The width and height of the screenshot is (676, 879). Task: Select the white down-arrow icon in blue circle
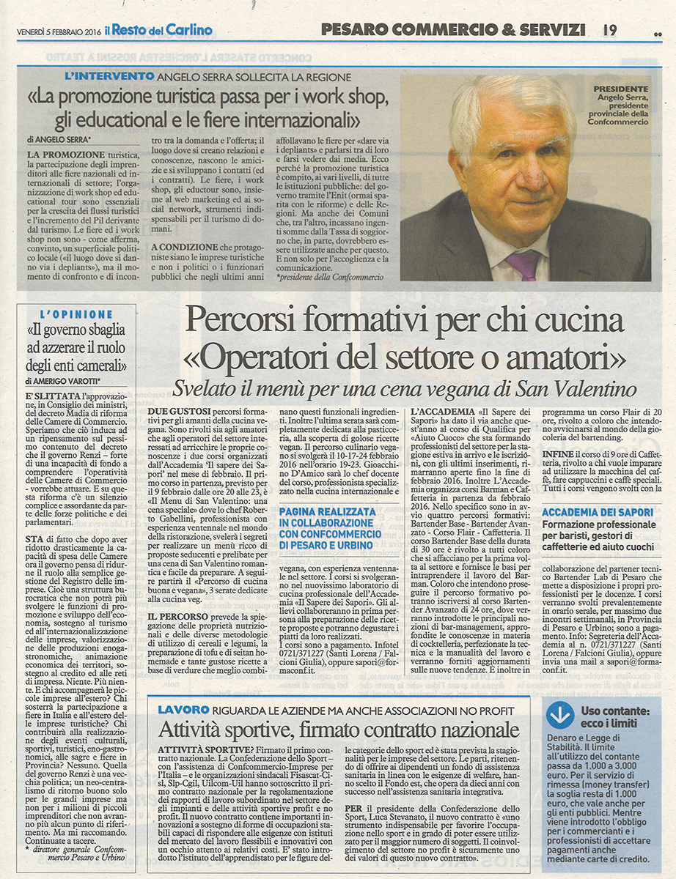(561, 713)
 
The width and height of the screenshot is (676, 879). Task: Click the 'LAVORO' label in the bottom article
(183, 710)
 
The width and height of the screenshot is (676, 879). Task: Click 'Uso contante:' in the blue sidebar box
(615, 711)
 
